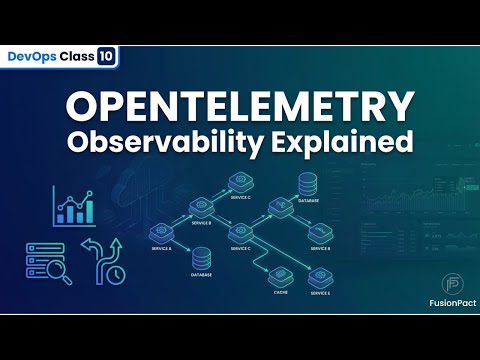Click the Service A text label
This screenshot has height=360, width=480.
pyautogui.click(x=161, y=247)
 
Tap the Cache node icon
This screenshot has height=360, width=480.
pyautogui.click(x=281, y=277)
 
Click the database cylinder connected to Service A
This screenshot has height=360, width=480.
pyautogui.click(x=201, y=257)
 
